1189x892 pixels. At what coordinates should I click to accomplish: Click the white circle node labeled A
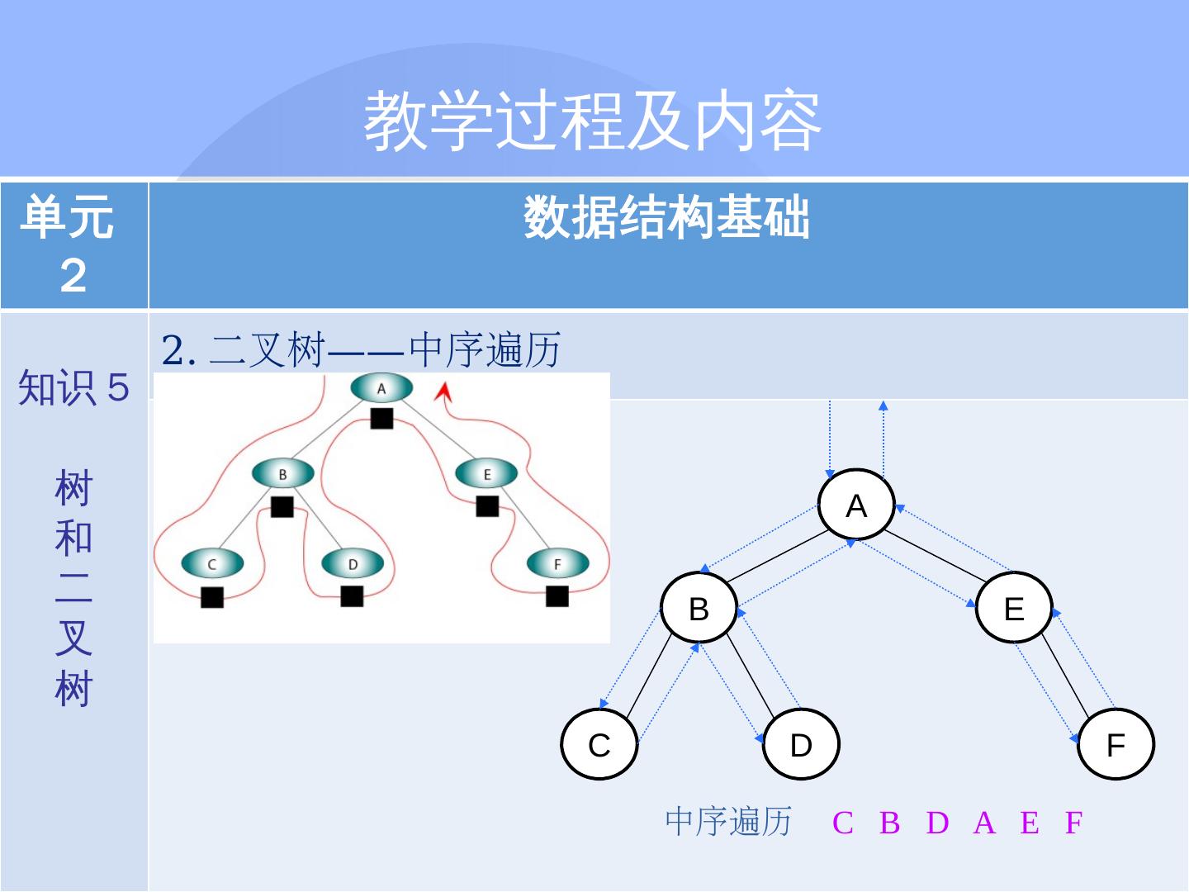pos(856,505)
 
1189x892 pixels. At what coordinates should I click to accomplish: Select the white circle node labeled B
pos(699,609)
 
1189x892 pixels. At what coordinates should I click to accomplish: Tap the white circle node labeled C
pos(599,744)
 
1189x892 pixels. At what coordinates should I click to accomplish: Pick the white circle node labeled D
pos(801,744)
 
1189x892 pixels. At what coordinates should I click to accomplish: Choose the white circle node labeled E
pos(1014,609)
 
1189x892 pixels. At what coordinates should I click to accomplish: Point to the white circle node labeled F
pos(1116,744)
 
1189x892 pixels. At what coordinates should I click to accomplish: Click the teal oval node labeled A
pos(381,388)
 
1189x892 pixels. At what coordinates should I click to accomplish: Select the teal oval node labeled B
pos(282,474)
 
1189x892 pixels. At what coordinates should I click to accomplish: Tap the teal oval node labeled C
pos(212,564)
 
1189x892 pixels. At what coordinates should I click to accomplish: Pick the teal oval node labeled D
pos(353,564)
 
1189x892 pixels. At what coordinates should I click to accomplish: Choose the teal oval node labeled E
pos(486,474)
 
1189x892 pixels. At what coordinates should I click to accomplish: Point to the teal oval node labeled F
pos(557,564)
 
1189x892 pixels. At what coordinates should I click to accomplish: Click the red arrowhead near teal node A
pos(444,390)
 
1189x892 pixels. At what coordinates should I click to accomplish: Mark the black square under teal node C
pos(212,596)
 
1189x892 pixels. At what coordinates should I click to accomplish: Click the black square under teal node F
pos(557,595)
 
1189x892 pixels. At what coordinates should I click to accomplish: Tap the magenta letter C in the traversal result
pos(842,823)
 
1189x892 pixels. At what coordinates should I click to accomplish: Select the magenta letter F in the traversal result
pos(1073,823)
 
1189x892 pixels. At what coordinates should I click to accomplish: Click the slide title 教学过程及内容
pos(593,121)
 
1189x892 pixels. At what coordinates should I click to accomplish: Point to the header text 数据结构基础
pos(667,218)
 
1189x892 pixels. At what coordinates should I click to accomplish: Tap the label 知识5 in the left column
pos(73,387)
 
